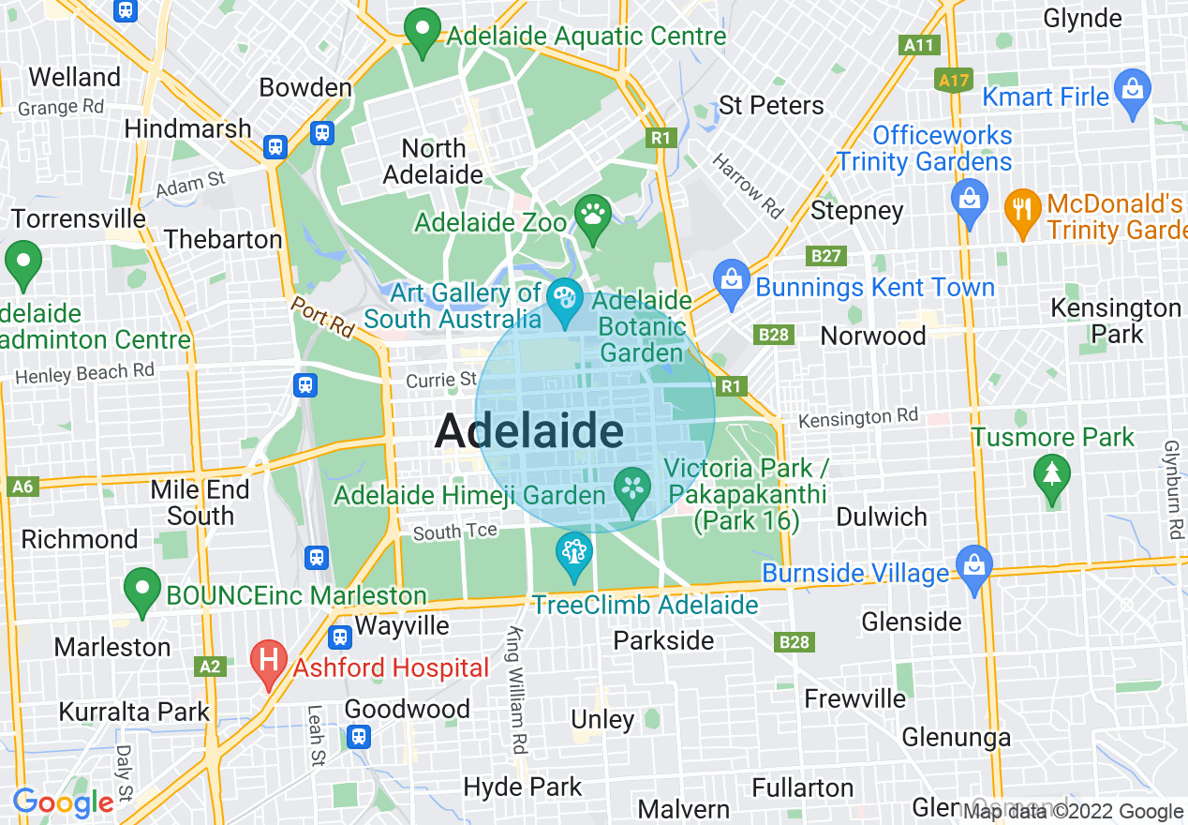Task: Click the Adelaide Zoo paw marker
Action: coord(593,216)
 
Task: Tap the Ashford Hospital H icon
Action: coord(269,660)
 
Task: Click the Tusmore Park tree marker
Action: coord(1052,473)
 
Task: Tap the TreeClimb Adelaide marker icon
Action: coord(572,551)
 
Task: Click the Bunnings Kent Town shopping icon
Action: coord(730,278)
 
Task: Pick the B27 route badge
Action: coord(825,256)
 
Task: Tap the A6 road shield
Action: coord(22,487)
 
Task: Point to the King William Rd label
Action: coord(516,690)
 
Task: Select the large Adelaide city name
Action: coord(529,431)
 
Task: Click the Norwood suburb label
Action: coord(872,336)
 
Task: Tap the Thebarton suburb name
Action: coord(223,239)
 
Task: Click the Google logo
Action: coord(63,802)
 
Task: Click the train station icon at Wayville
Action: coord(340,637)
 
